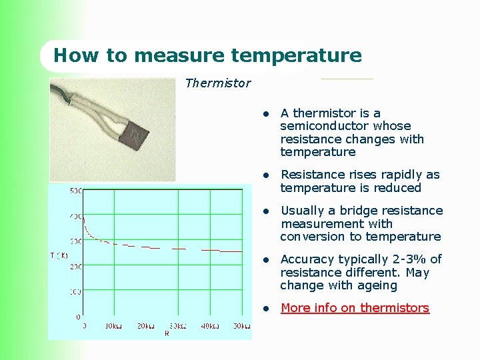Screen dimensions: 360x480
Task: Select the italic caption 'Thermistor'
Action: (217, 83)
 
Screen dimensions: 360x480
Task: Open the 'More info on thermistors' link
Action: (355, 308)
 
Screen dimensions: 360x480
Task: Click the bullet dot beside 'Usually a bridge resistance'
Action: (265, 211)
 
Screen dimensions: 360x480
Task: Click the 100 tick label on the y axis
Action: (75, 292)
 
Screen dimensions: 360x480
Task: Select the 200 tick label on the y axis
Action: (75, 267)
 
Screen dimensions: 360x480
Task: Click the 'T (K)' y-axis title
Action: (59, 255)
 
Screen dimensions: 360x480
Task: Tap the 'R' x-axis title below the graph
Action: (167, 333)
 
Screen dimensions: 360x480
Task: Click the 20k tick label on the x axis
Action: (146, 325)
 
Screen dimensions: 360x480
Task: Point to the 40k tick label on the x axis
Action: (210, 325)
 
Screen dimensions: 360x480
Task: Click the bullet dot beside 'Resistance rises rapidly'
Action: (265, 175)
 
